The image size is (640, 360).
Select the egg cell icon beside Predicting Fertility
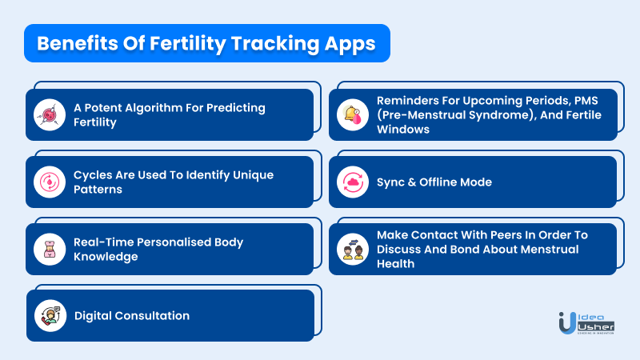point(50,114)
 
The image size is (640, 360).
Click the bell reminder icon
point(353,114)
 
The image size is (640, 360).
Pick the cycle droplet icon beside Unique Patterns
point(50,182)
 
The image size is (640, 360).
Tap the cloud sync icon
point(353,182)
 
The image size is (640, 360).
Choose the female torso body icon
point(50,250)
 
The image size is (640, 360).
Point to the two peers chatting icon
point(353,250)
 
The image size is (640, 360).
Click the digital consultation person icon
point(50,315)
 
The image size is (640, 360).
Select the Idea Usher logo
point(586,323)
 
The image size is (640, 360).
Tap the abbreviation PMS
point(586,101)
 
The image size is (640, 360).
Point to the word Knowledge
point(106,257)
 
